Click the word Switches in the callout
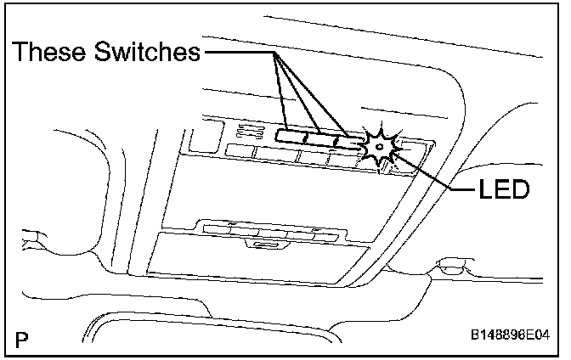pos(151,53)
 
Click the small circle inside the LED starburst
pos(379,147)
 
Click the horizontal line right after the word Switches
pos(238,53)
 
